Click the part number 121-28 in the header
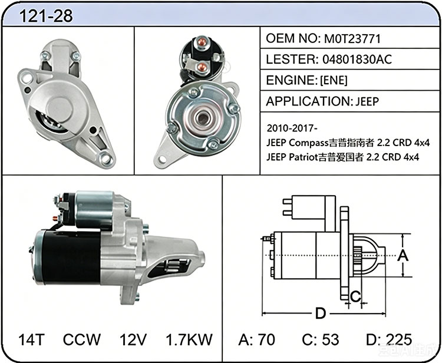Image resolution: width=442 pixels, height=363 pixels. [x=45, y=16]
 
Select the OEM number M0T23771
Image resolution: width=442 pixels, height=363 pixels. [x=352, y=39]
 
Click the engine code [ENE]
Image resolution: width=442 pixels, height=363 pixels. [x=334, y=81]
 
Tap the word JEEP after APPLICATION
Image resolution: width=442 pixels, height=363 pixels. [x=367, y=101]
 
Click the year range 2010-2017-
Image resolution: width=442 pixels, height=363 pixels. [x=292, y=128]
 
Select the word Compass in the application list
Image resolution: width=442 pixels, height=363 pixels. [x=309, y=143]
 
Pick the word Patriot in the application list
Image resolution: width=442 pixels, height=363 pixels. [x=304, y=157]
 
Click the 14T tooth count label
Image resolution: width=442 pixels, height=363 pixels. [x=32, y=339]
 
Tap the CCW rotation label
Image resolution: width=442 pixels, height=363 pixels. [x=82, y=339]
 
